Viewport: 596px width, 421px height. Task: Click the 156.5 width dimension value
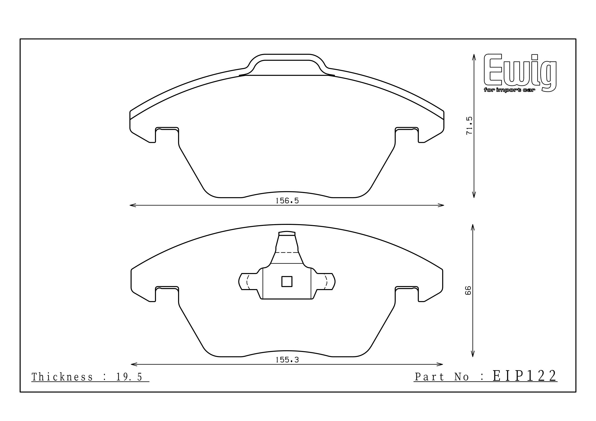tap(287, 201)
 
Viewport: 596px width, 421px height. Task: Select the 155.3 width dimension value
tap(287, 360)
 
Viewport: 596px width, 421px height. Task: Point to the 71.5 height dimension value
tap(470, 126)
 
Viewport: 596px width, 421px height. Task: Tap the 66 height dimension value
tap(468, 290)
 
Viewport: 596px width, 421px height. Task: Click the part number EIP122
tap(525, 376)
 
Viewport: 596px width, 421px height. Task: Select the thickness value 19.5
tap(129, 377)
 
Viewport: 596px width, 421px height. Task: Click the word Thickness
tap(62, 377)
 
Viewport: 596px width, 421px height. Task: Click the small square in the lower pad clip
tap(287, 281)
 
